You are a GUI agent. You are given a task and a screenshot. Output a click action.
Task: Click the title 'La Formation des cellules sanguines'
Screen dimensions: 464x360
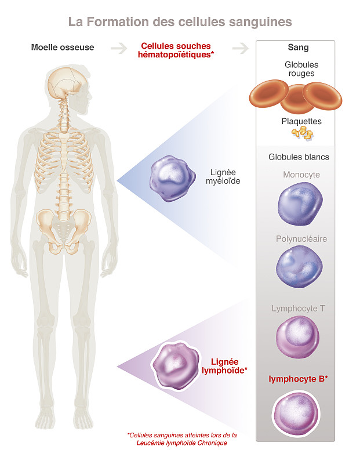click(180, 22)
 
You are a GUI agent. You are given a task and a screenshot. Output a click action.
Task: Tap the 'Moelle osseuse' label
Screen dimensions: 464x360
click(63, 48)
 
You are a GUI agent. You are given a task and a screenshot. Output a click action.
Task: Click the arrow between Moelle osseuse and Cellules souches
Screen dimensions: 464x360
click(119, 48)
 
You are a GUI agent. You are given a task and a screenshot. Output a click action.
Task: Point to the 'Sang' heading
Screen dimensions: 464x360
click(298, 48)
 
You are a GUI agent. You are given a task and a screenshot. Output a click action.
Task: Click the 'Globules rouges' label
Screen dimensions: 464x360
click(301, 69)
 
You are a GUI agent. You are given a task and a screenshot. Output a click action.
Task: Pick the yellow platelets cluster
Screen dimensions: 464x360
click(303, 133)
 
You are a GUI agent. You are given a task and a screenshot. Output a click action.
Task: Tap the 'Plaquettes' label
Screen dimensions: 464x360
click(301, 122)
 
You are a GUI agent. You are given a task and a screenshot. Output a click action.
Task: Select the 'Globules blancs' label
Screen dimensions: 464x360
click(299, 157)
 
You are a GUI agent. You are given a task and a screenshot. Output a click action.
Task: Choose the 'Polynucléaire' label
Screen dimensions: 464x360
click(301, 238)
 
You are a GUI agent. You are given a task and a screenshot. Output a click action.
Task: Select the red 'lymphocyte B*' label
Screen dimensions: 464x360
click(299, 379)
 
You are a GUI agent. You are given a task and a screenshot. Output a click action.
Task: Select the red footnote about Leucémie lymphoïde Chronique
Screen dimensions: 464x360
click(183, 438)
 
